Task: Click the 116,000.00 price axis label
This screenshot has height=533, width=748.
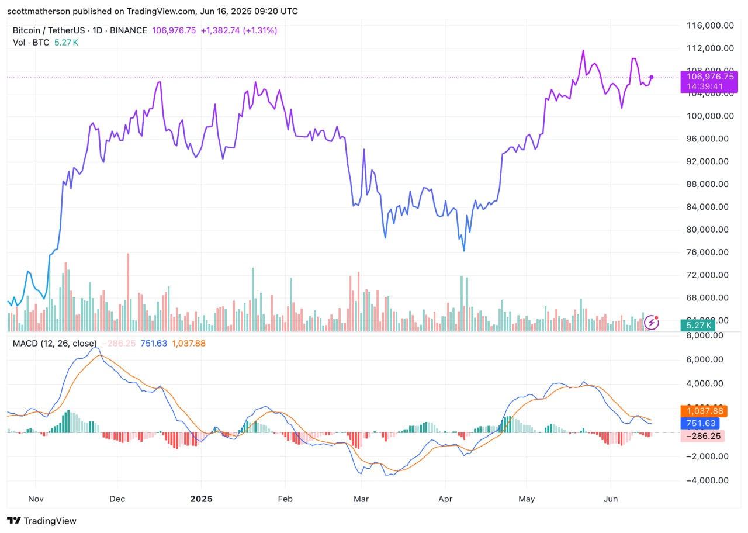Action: pyautogui.click(x=710, y=26)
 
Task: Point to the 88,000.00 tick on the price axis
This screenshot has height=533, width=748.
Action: pyautogui.click(x=710, y=184)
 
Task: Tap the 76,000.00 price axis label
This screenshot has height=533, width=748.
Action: pyautogui.click(x=710, y=252)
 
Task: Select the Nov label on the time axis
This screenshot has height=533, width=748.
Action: pyautogui.click(x=36, y=500)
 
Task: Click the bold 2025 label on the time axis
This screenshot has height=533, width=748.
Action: pyautogui.click(x=201, y=500)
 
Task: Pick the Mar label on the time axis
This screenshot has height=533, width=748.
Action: pyautogui.click(x=361, y=500)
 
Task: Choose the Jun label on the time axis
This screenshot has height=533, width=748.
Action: pyautogui.click(x=611, y=500)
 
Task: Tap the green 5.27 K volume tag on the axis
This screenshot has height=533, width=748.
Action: pyautogui.click(x=699, y=326)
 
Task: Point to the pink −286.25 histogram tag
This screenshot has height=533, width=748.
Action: pyautogui.click(x=703, y=436)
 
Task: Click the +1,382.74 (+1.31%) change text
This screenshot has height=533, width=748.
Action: pyautogui.click(x=240, y=30)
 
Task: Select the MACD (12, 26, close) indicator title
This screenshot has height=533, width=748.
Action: pyautogui.click(x=55, y=344)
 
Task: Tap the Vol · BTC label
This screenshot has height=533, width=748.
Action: pyautogui.click(x=32, y=42)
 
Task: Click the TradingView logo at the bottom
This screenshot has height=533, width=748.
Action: pyautogui.click(x=41, y=521)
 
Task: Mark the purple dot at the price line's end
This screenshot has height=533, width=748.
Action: pyautogui.click(x=652, y=77)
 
